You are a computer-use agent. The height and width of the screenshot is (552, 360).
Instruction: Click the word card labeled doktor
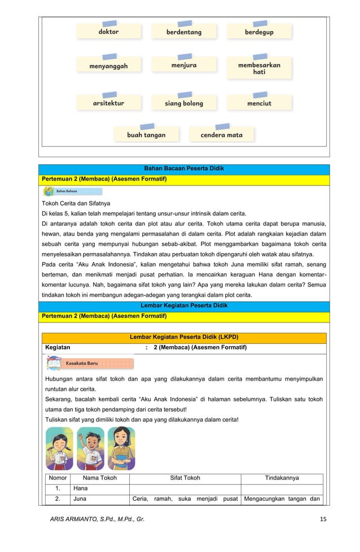coord(108,32)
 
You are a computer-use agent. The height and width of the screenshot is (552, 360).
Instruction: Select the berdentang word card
coord(183,32)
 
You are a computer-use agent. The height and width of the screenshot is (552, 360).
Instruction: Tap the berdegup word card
coord(259,32)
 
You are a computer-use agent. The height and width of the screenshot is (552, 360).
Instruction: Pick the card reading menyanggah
coord(108,66)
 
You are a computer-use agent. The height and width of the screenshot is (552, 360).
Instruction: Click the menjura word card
coord(183,65)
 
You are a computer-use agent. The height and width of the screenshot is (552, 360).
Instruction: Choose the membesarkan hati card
coord(259,68)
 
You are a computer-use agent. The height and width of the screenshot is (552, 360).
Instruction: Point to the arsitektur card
coord(108,103)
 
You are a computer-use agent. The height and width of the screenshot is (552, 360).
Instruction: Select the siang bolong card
coord(183,103)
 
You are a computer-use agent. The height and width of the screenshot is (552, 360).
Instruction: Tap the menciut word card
coord(259,103)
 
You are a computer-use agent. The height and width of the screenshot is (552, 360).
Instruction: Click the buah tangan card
coord(146,135)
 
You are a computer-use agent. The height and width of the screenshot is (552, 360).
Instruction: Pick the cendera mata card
coord(221,135)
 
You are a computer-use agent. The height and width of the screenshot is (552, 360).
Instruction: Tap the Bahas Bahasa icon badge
coord(65,192)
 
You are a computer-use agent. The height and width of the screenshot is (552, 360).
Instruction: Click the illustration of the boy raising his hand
coord(90,448)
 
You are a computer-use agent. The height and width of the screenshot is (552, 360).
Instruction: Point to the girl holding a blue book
coord(121,448)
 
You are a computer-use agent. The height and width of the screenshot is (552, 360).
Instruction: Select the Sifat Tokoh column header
coord(185,478)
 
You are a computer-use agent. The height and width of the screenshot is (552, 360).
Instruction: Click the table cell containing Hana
coord(99,489)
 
